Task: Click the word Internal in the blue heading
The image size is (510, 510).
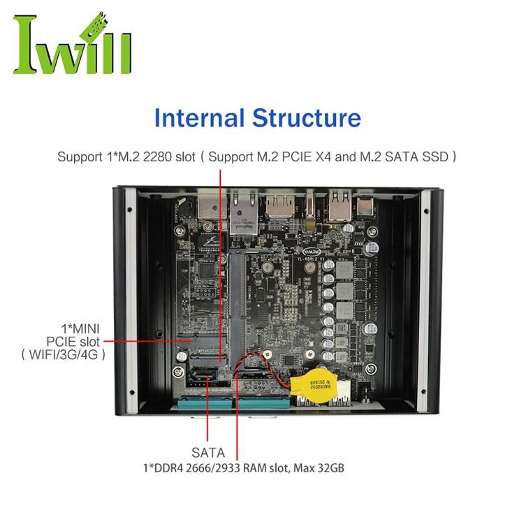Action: [198, 117]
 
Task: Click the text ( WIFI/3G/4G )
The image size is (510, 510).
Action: [64, 354]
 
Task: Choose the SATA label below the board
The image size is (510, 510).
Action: [207, 453]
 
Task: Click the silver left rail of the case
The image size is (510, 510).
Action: [130, 300]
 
